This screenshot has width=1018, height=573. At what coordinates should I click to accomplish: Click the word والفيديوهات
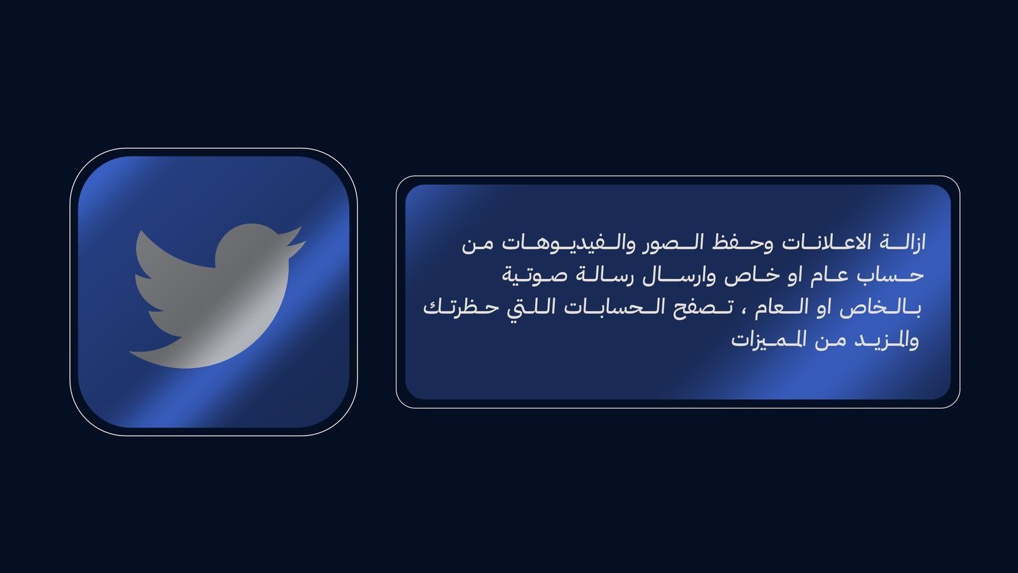562,243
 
